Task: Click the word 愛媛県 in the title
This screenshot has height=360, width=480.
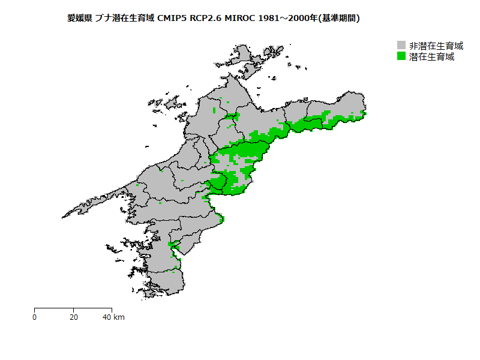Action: click(x=79, y=19)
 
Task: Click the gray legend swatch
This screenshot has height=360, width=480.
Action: click(x=402, y=46)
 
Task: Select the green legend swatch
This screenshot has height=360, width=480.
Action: click(x=402, y=57)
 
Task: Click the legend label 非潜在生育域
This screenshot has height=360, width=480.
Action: click(x=436, y=46)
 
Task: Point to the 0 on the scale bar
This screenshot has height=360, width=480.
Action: click(x=34, y=317)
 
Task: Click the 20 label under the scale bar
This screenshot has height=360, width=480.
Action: click(x=73, y=317)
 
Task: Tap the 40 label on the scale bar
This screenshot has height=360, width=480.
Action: click(x=107, y=317)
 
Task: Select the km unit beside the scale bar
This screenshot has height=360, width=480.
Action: click(x=119, y=317)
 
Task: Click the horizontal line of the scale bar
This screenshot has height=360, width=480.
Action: click(x=73, y=308)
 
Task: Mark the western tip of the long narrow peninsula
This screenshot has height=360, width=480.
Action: click(x=63, y=217)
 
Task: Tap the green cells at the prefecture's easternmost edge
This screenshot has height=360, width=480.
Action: click(x=364, y=113)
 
